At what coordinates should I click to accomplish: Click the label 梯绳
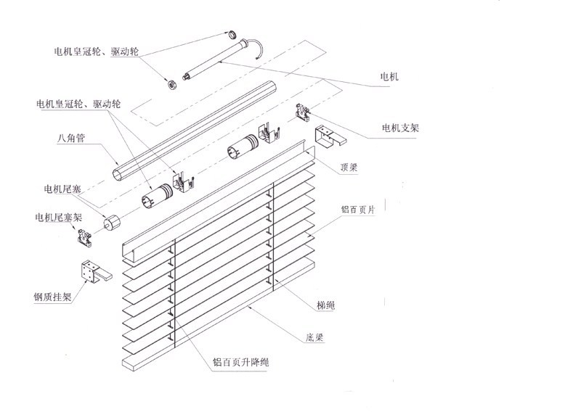(x=317, y=305)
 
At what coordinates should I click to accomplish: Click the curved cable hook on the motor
(x=258, y=49)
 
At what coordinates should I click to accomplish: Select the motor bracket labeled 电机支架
(x=302, y=112)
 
